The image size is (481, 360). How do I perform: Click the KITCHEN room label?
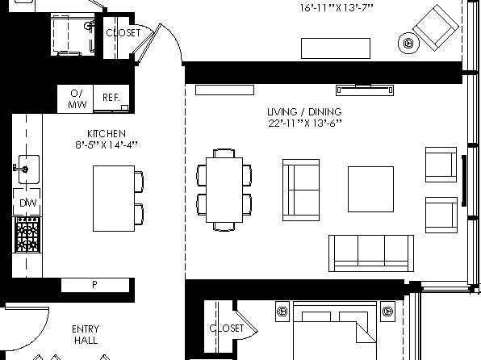click(x=107, y=134)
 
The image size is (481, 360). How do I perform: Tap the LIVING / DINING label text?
click(x=304, y=111)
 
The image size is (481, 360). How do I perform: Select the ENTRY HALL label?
click(x=86, y=334)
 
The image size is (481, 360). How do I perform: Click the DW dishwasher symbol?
click(x=27, y=203)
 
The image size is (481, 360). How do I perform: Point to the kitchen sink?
click(x=29, y=170)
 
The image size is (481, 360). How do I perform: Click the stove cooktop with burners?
click(x=27, y=234)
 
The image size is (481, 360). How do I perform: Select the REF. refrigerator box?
click(x=111, y=98)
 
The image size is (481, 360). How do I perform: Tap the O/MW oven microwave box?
click(x=76, y=98)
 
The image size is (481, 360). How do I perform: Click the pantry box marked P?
click(x=95, y=285)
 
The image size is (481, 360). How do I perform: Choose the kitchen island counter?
click(x=114, y=199)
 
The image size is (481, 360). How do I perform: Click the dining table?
click(x=224, y=190)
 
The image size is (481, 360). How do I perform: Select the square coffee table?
click(x=370, y=189)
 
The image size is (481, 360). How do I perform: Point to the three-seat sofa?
click(x=371, y=253)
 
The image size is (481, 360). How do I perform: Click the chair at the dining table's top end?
click(x=224, y=153)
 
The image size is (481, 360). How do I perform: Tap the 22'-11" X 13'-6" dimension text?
click(x=305, y=123)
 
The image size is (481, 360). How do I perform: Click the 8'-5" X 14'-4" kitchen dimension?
click(x=107, y=144)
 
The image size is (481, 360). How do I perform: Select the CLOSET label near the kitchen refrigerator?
click(x=123, y=32)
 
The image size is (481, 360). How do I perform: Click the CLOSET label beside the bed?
click(x=227, y=328)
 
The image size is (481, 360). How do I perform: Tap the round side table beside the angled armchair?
click(x=408, y=44)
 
